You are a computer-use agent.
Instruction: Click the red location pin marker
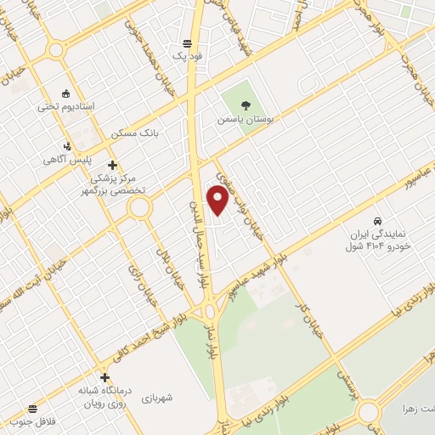coord(218,200)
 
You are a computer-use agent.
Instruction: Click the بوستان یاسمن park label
coord(247,121)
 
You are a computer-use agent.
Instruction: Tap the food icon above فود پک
coord(187,42)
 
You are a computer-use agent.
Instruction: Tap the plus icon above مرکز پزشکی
coord(112,165)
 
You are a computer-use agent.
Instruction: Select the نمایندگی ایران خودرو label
coord(379,239)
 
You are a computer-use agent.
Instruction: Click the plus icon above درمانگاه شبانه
coord(105,377)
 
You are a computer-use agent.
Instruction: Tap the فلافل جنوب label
coord(31,421)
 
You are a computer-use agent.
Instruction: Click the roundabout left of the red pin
coord(140,207)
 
